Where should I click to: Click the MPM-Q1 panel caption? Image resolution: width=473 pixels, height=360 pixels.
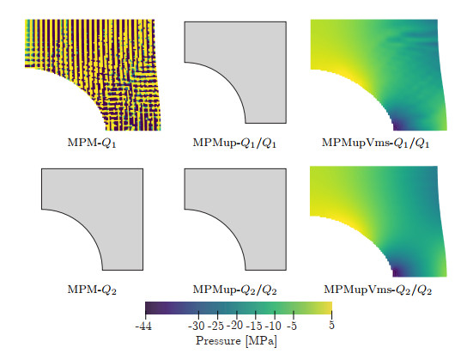(91, 142)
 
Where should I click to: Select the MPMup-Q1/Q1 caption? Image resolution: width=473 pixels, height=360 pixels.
(237, 142)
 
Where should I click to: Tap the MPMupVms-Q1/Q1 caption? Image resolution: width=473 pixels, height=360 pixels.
(373, 142)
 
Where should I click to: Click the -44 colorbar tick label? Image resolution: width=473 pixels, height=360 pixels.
(143, 327)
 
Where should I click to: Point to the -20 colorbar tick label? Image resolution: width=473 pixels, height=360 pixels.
(234, 327)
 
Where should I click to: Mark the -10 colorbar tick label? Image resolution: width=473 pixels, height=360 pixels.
(273, 327)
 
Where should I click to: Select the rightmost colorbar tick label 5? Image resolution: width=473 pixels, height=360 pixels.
(331, 327)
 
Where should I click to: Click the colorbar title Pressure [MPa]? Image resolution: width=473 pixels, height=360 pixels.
(237, 342)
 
